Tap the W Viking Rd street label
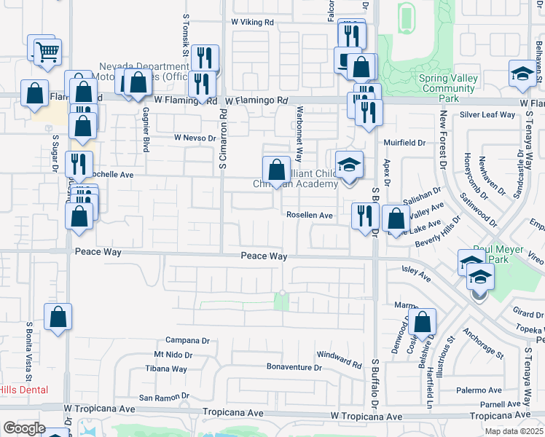pos(252,23)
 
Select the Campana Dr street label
pos(187,340)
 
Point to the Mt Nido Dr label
pos(173,355)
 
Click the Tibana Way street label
pos(170,369)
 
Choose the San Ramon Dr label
pos(165,398)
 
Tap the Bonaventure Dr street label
pos(294,367)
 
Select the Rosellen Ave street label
pos(309,216)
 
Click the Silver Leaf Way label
pos(487,115)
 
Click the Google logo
pos(24,428)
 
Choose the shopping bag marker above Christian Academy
pos(276,171)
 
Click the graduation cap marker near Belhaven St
pos(521,74)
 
